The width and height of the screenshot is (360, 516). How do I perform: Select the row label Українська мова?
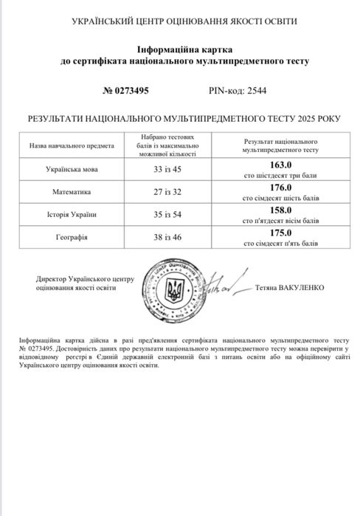(x=72, y=168)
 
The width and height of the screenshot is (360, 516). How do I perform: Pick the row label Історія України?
(x=72, y=215)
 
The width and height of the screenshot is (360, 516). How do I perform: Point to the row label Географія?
(x=72, y=238)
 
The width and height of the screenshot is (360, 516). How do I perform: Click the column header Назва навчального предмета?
(x=72, y=145)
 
